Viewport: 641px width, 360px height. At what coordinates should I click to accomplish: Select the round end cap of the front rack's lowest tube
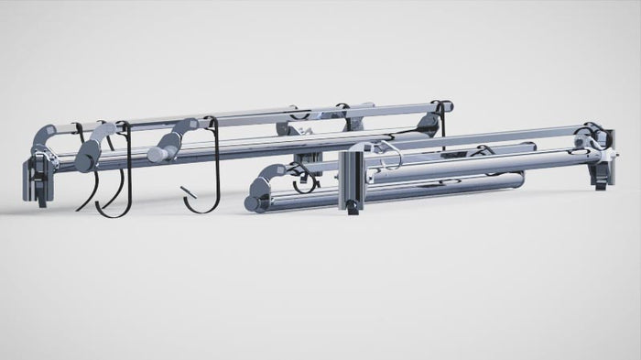(x=257, y=199)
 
